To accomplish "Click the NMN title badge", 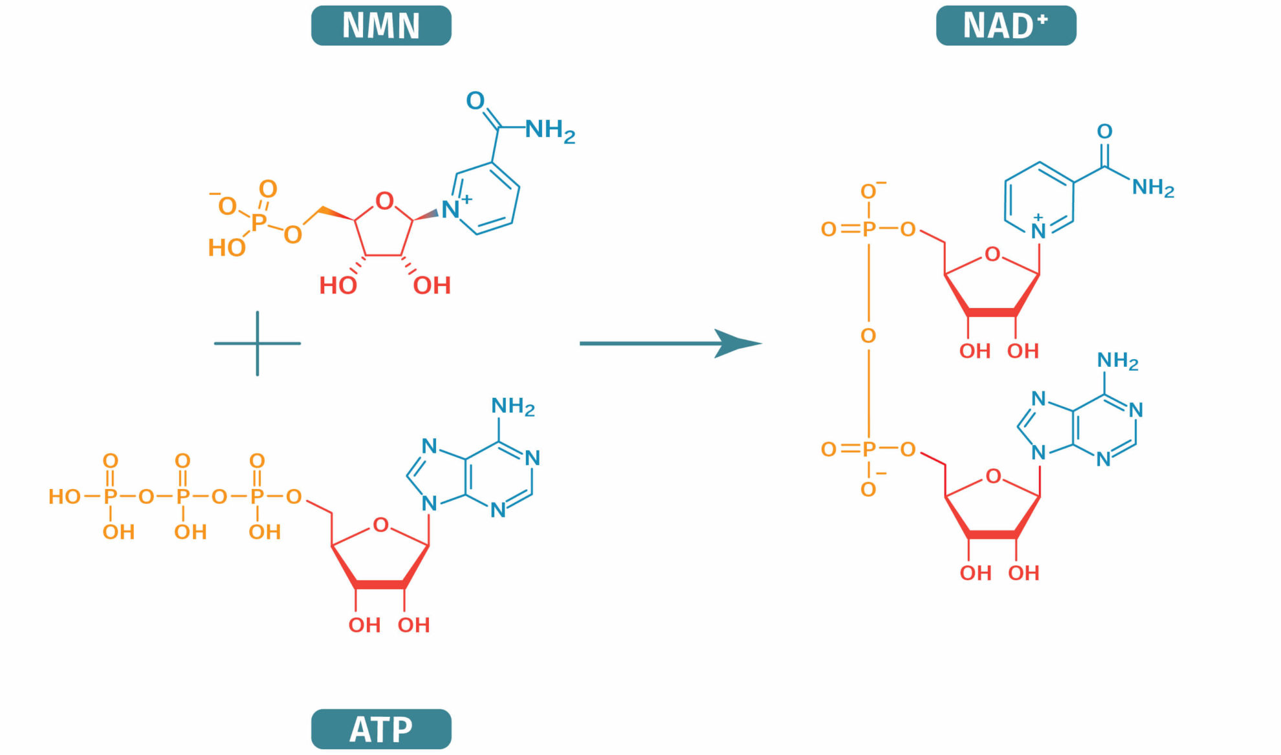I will [x=381, y=26].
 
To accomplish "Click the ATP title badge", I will [x=381, y=729].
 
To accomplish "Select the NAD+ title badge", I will [x=1005, y=26].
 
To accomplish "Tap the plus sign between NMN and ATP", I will [x=257, y=343].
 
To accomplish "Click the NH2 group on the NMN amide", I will [x=549, y=130].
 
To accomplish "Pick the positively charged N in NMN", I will [x=450, y=210].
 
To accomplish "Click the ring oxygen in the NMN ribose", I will [x=384, y=201].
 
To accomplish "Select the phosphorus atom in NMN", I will [x=259, y=223].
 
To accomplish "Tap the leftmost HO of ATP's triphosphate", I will [x=65, y=497].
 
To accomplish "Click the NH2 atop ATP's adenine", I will [x=512, y=406].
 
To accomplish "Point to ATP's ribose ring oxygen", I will [x=381, y=525].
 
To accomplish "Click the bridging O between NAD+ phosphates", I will [x=868, y=336].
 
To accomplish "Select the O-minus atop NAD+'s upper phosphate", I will [x=869, y=191].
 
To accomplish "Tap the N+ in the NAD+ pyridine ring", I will [x=1038, y=231].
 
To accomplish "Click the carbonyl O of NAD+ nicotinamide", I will [x=1104, y=132].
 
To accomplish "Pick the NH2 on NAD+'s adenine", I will [x=1117, y=360].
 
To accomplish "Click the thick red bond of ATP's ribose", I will [x=380, y=585].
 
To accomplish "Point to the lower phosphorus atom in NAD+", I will [x=869, y=449].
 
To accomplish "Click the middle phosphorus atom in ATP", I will [x=183, y=497].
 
